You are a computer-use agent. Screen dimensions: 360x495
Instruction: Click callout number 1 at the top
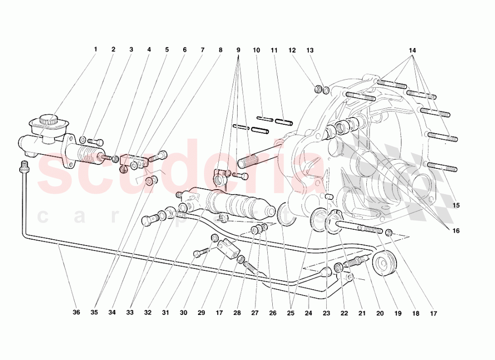pyautogui.click(x=96, y=50)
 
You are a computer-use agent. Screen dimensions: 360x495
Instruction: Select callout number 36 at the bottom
pyautogui.click(x=76, y=313)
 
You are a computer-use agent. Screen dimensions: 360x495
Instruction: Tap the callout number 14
pyautogui.click(x=413, y=51)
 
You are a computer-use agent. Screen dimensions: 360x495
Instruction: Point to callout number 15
pyautogui.click(x=456, y=205)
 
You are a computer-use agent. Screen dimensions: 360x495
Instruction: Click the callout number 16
pyautogui.click(x=456, y=231)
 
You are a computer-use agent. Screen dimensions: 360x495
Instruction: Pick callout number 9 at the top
pyautogui.click(x=238, y=50)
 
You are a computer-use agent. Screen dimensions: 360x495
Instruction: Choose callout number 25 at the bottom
pyautogui.click(x=291, y=313)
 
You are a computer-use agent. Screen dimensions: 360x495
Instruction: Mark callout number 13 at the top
pyautogui.click(x=310, y=50)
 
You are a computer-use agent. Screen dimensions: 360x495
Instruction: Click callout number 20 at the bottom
pyautogui.click(x=380, y=313)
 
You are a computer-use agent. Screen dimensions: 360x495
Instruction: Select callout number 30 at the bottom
pyautogui.click(x=184, y=313)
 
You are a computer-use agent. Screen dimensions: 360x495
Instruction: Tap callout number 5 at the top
pyautogui.click(x=167, y=50)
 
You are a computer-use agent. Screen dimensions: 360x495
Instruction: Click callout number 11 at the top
pyautogui.click(x=274, y=50)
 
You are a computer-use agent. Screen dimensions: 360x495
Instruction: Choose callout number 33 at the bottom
pyautogui.click(x=130, y=313)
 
